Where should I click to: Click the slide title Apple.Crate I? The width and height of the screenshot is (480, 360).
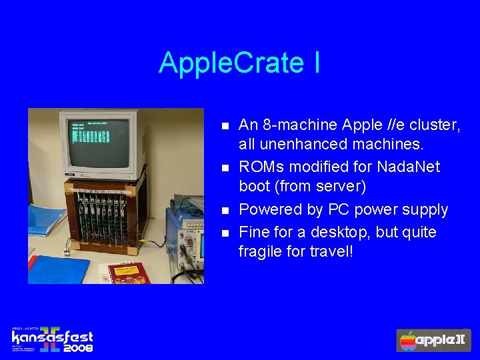tap(239, 63)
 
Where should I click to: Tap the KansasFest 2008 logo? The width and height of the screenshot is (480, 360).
tap(52, 339)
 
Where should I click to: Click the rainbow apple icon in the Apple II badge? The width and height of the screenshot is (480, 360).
tap(407, 341)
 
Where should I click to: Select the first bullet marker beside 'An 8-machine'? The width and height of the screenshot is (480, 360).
tap(225, 125)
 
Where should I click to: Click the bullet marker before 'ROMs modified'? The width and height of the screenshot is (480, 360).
tap(225, 167)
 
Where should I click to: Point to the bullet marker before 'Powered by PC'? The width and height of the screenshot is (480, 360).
tap(225, 210)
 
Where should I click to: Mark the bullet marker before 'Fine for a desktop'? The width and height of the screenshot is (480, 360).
tap(225, 233)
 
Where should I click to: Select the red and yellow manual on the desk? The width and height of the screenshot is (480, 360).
tap(124, 272)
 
